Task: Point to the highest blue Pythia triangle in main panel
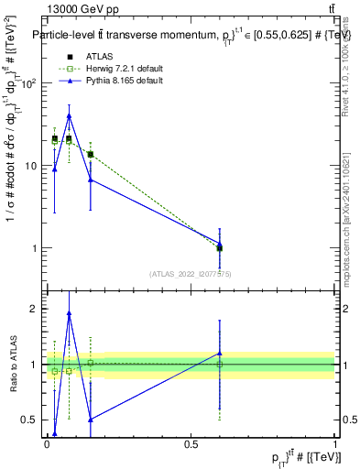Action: pyautogui.click(x=69, y=116)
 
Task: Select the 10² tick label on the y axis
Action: pyautogui.click(x=27, y=83)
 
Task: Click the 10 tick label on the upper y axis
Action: pyautogui.click(x=30, y=166)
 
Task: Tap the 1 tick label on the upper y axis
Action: pyautogui.click(x=33, y=248)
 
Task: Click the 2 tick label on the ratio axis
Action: pyautogui.click(x=33, y=309)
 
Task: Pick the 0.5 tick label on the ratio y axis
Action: pyautogui.click(x=28, y=420)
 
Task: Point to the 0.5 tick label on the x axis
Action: pyautogui.click(x=191, y=443)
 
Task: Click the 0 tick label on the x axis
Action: pyautogui.click(x=47, y=443)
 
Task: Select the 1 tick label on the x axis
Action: pyautogui.click(x=335, y=443)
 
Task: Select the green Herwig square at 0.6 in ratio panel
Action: pyautogui.click(x=220, y=365)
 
